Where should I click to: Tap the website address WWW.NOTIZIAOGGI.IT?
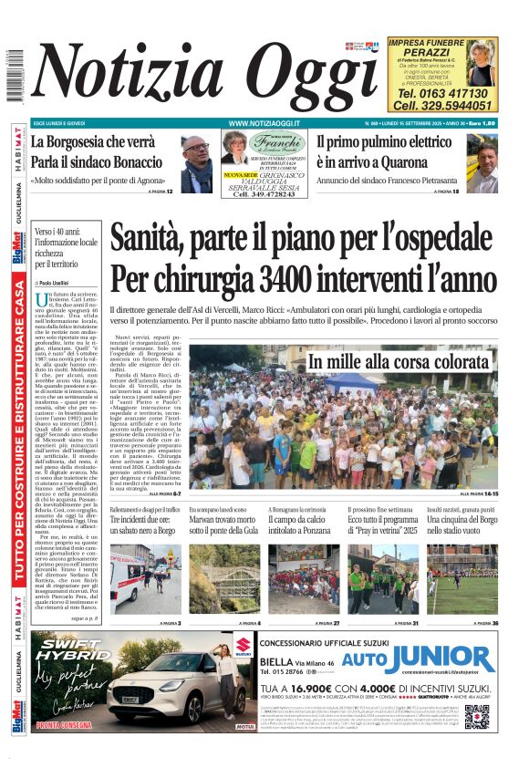[x=265, y=122]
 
